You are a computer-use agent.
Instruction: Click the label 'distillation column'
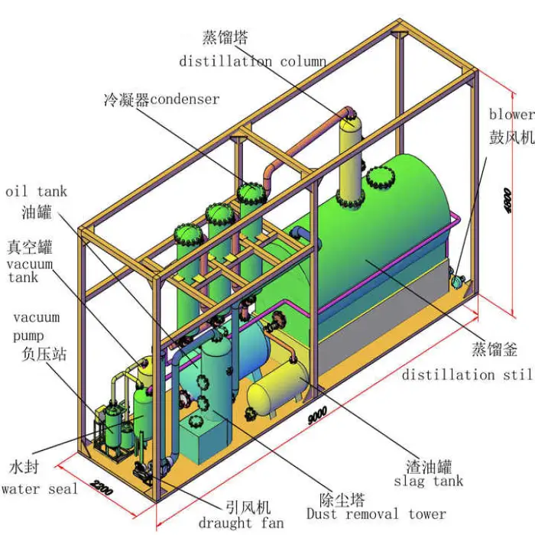pos(253,61)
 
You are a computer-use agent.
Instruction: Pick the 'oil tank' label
pos(36,192)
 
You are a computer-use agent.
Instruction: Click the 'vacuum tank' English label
pos(30,271)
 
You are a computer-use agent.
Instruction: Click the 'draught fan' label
pos(241,523)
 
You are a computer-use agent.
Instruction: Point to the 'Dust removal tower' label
pos(375,514)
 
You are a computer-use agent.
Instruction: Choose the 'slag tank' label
pos(428,481)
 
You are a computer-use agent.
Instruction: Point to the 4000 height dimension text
pos(507,201)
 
